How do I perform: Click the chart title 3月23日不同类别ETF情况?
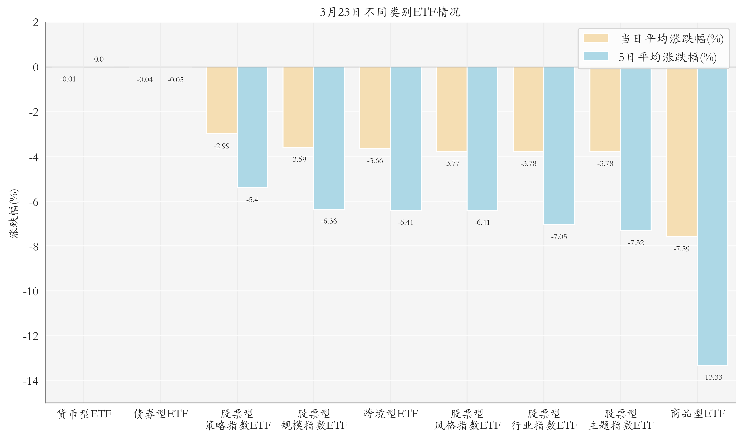click(x=390, y=12)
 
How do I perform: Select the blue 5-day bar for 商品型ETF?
click(x=712, y=216)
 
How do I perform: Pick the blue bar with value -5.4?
click(x=252, y=127)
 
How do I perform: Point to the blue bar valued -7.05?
click(x=559, y=146)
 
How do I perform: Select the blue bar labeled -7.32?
click(x=636, y=149)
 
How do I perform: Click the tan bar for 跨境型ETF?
click(x=375, y=108)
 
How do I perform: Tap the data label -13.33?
click(x=712, y=377)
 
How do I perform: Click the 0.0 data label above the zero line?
click(x=99, y=59)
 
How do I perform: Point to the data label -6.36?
click(x=329, y=221)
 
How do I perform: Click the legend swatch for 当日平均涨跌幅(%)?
click(x=595, y=38)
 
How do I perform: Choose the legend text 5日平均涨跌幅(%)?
click(x=667, y=57)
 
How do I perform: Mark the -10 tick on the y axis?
click(x=31, y=291)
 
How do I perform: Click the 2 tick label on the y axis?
click(x=36, y=22)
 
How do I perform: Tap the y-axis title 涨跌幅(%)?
click(x=14, y=213)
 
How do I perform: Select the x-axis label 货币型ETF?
click(x=84, y=414)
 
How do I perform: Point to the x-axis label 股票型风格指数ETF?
click(x=467, y=419)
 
